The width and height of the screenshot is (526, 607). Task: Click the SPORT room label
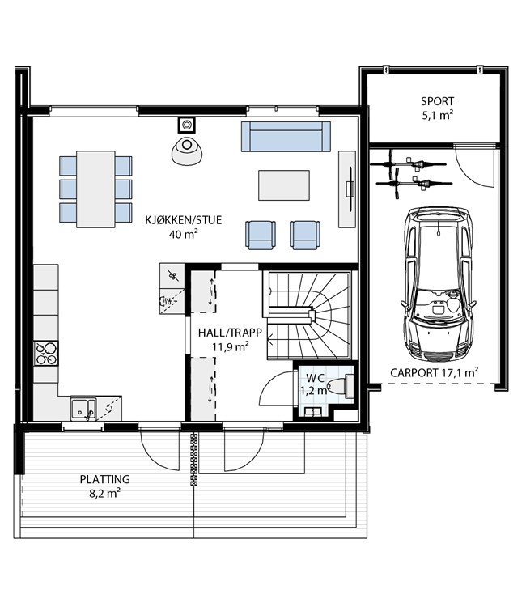click(x=437, y=101)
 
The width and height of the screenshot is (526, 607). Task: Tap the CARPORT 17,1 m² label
click(x=434, y=372)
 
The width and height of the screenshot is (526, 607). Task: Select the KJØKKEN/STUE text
click(x=184, y=220)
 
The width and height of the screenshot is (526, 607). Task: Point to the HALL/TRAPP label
click(x=230, y=333)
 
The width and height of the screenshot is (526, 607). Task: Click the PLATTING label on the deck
click(x=105, y=479)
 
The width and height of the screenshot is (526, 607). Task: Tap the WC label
click(x=315, y=378)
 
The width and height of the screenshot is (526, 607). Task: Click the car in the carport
click(x=438, y=283)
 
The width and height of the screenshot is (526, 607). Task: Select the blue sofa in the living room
click(x=286, y=136)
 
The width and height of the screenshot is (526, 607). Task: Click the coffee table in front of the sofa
click(x=284, y=185)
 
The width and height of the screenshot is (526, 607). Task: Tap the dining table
click(x=95, y=189)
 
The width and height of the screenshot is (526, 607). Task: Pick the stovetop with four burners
click(x=46, y=353)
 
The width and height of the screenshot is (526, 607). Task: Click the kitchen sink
click(x=83, y=409)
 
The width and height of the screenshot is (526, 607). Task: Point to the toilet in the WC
click(x=341, y=385)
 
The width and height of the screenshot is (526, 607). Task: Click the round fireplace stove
click(x=187, y=151)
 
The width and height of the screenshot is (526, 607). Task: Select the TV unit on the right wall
click(x=347, y=189)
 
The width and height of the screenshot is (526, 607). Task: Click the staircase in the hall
click(x=308, y=315)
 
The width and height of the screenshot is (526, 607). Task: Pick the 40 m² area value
click(x=184, y=234)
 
